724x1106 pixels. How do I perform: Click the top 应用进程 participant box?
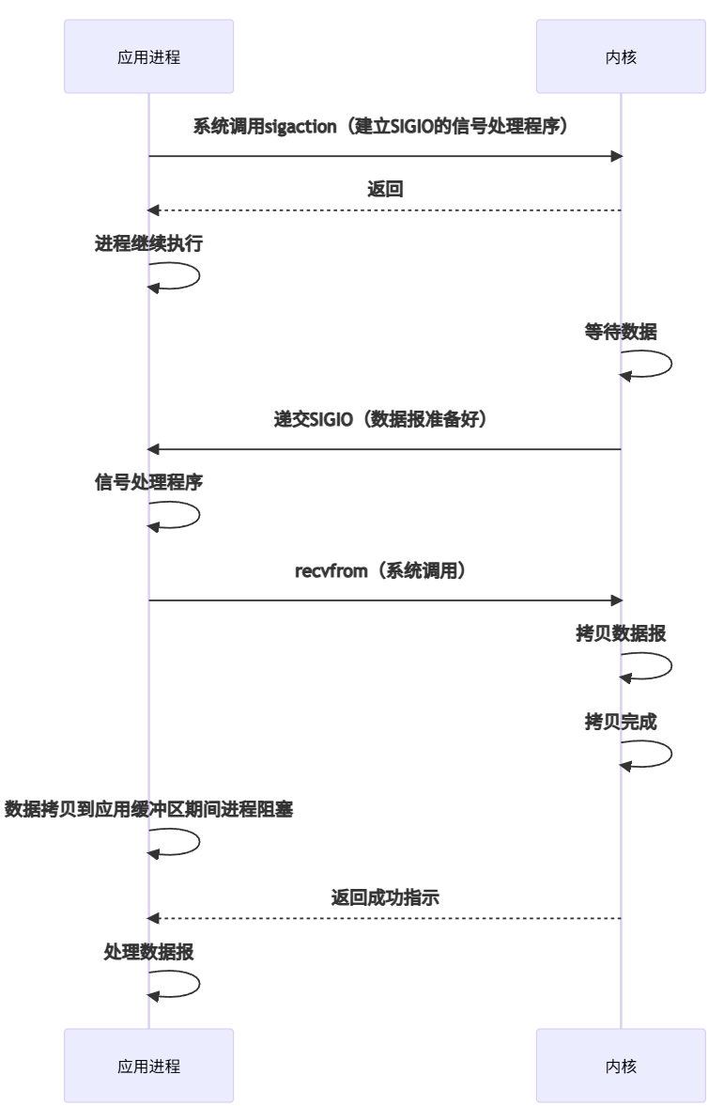pos(148,57)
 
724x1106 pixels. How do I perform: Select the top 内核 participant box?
pos(621,57)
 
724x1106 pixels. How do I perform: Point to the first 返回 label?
pos(385,189)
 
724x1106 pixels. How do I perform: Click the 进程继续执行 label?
pos(148,244)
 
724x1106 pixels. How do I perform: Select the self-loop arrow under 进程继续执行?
pos(188,277)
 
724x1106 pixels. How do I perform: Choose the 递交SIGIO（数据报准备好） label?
pos(385,419)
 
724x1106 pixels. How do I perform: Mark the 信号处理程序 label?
pos(148,482)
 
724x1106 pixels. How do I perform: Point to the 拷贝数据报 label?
pos(621,632)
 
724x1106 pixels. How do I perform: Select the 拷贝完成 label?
pos(621,724)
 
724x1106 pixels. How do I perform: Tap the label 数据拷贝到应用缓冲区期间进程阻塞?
pos(148,808)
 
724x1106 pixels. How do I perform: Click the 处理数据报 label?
pos(148,951)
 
